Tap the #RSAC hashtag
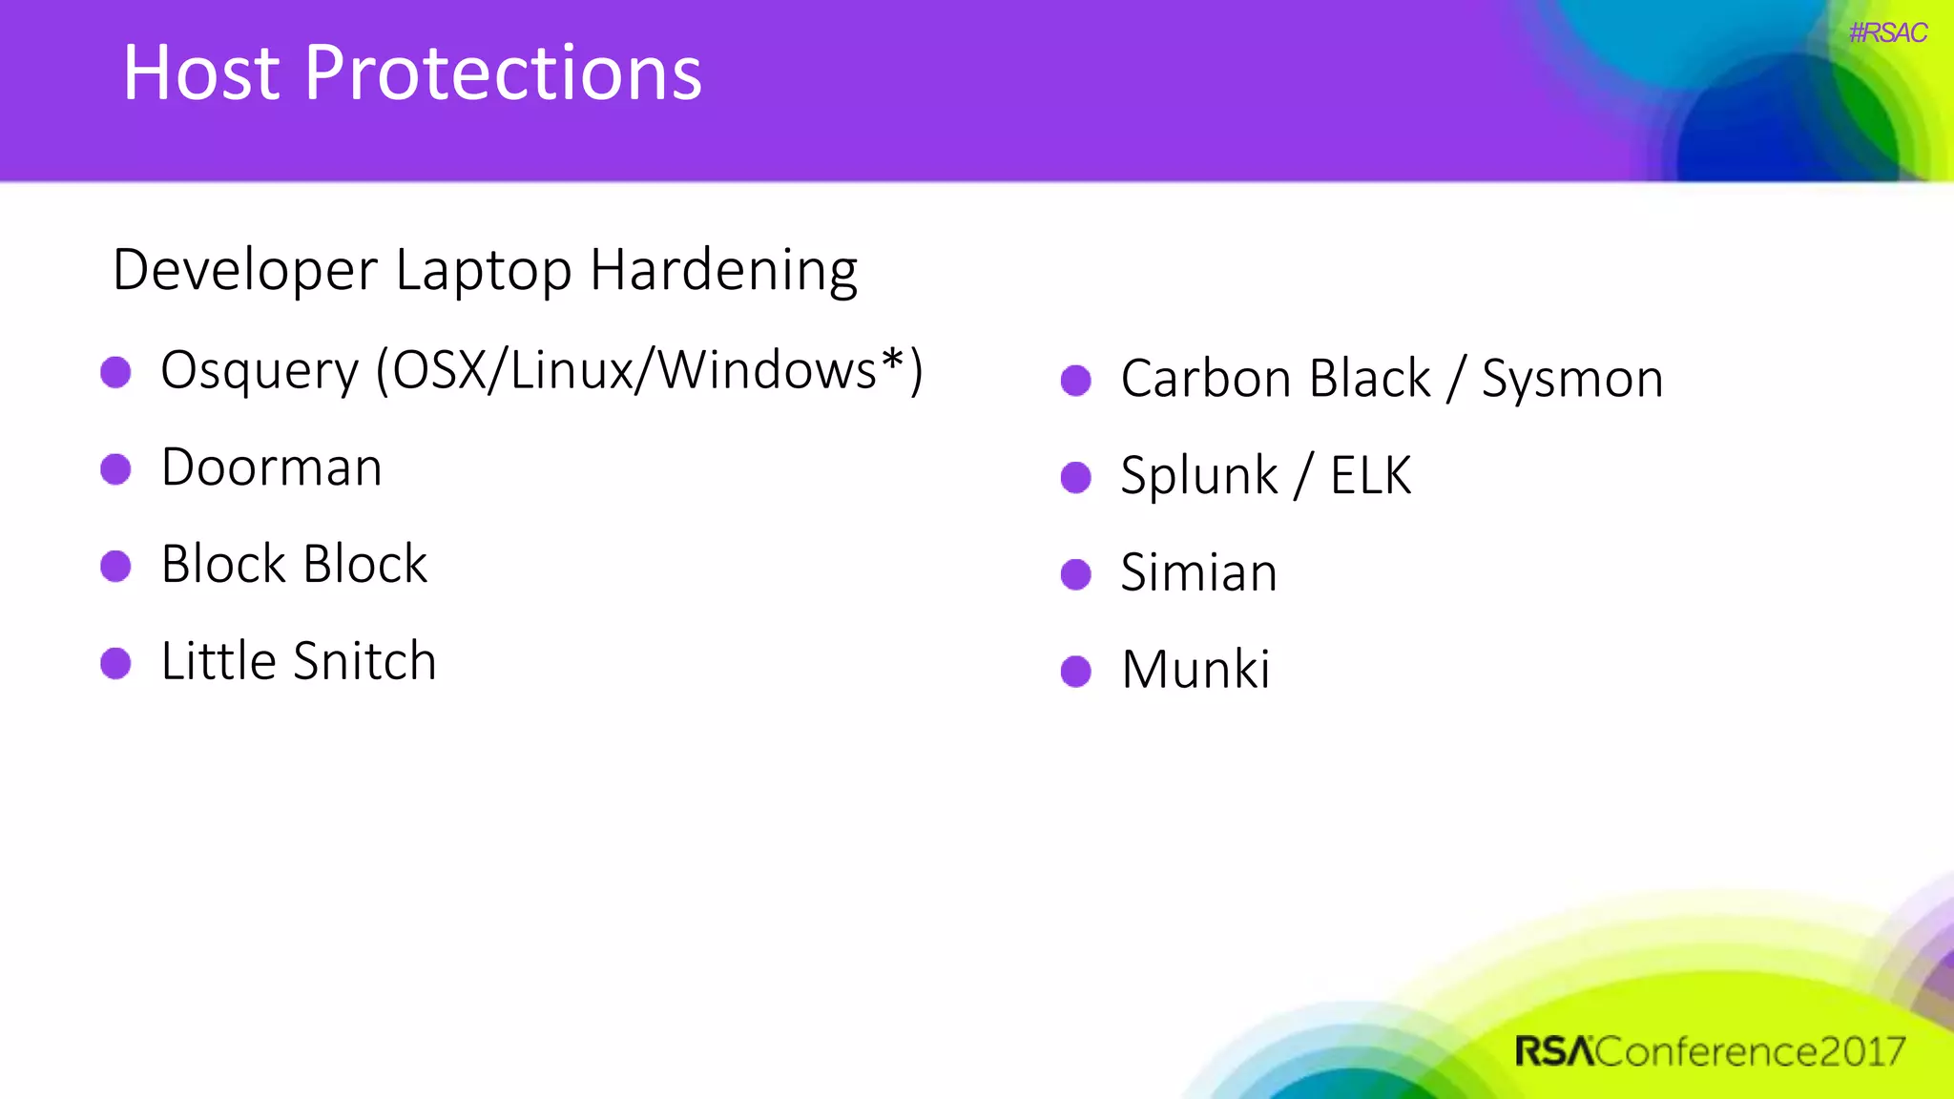[1887, 33]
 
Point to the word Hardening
[723, 271]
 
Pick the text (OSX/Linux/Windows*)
[649, 370]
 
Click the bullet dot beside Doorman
[115, 469]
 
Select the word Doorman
[272, 467]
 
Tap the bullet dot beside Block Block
[115, 566]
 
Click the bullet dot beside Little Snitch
[115, 663]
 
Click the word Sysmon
[1572, 380]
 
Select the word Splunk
[1198, 476]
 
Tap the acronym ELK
[1370, 475]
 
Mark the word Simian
[1198, 572]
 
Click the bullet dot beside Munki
[1075, 671]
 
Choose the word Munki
[1195, 670]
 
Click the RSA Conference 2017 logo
[1709, 1051]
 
